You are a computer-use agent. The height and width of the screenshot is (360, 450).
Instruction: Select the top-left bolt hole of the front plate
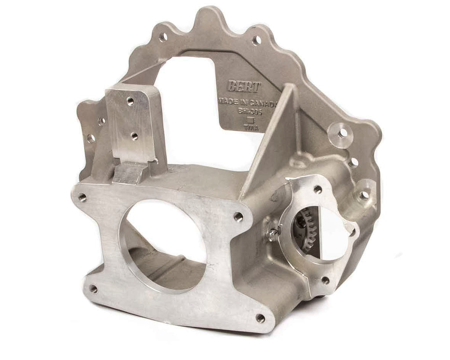tap(82, 197)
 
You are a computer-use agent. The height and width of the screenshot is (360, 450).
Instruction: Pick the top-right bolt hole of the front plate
tap(238, 216)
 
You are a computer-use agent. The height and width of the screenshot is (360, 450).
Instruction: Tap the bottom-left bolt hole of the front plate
tap(93, 289)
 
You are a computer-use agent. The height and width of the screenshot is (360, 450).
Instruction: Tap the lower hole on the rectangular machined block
tap(134, 136)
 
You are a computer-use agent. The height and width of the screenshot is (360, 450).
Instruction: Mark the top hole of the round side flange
tap(318, 189)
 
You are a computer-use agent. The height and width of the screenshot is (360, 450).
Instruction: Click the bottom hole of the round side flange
tap(325, 280)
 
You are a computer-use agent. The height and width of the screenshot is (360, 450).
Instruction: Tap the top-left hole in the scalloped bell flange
tap(163, 37)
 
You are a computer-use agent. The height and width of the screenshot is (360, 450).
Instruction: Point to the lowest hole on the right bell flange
tap(364, 195)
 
